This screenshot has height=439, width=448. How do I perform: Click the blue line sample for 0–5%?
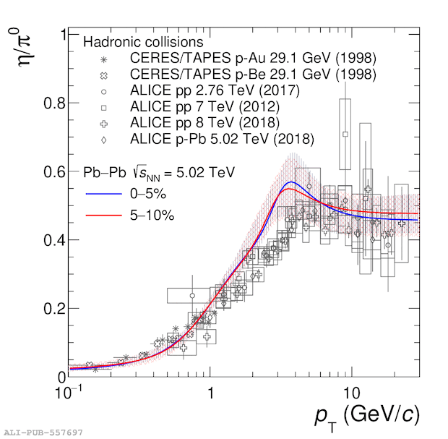coord(107,195)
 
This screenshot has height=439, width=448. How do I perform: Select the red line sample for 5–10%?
coord(107,215)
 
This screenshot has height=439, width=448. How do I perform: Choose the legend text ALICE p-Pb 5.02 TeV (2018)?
coord(232,139)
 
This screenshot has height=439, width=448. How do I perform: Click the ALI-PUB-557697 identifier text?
coord(43,432)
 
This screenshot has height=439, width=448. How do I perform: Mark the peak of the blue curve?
coord(290,182)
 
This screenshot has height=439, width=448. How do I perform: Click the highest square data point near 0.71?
coord(345,134)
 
